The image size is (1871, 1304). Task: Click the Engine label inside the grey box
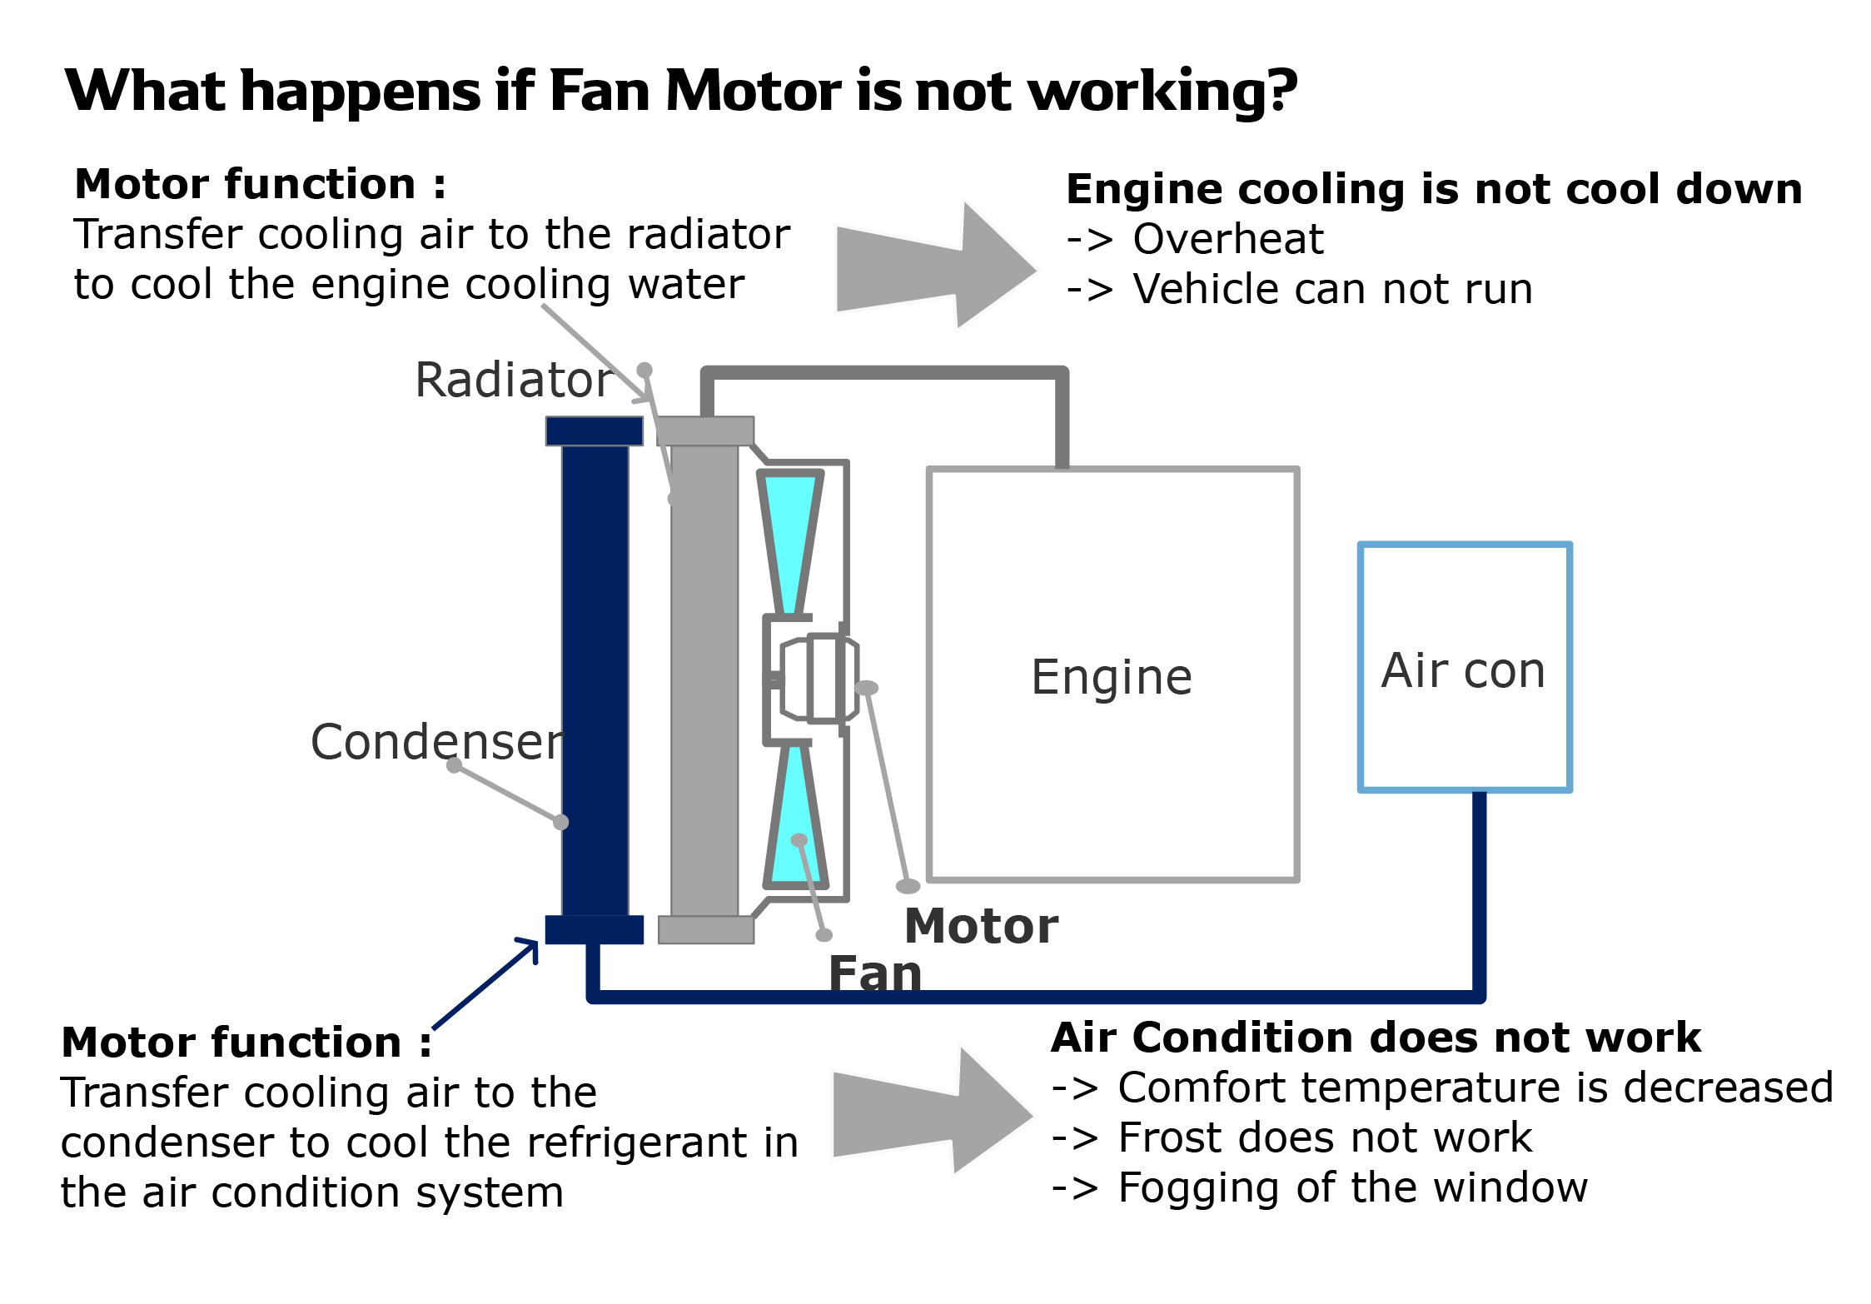tap(1112, 677)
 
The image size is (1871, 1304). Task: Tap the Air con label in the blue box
tap(1463, 670)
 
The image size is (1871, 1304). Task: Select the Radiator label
tap(514, 380)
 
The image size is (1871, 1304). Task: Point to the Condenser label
tap(437, 742)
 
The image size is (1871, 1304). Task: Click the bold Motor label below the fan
tap(981, 926)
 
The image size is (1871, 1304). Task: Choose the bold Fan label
tap(875, 973)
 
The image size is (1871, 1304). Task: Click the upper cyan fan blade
tap(789, 533)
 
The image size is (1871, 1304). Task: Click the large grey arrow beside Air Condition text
tap(929, 1112)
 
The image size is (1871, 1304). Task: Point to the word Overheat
tap(1227, 240)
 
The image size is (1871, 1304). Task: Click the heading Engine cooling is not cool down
tap(1434, 189)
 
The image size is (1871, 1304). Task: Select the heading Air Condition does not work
tap(1376, 1038)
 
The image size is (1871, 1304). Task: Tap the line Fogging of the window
tap(1352, 1187)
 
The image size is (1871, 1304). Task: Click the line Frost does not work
tap(1324, 1137)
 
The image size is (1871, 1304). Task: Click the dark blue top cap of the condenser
tap(595, 431)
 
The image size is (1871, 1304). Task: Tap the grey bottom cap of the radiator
tap(706, 930)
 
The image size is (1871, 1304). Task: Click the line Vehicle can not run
tap(1332, 290)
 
